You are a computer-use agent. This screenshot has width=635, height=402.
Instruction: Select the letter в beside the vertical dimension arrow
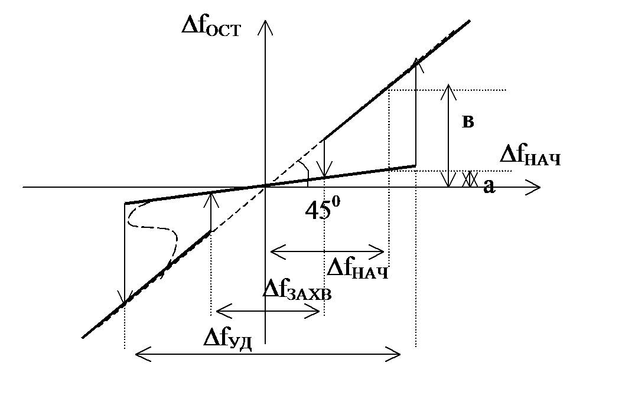(468, 122)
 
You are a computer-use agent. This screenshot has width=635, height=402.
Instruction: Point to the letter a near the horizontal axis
(488, 187)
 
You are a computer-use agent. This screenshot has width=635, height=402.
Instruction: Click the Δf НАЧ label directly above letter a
(530, 156)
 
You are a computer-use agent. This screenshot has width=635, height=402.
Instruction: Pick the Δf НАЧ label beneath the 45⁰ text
(358, 269)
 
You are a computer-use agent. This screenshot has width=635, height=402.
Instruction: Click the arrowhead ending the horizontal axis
(535, 188)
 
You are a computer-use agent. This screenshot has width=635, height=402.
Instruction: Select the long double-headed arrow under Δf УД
(268, 354)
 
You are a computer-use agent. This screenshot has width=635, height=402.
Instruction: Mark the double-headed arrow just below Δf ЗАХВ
(268, 312)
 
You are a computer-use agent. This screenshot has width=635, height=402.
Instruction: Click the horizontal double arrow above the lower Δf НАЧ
(328, 251)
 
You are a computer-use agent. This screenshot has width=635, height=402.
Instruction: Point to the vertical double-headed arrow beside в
(449, 136)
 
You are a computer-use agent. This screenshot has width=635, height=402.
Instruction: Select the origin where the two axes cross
(267, 186)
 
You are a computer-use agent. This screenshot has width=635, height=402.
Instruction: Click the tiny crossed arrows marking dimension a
(470, 179)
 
